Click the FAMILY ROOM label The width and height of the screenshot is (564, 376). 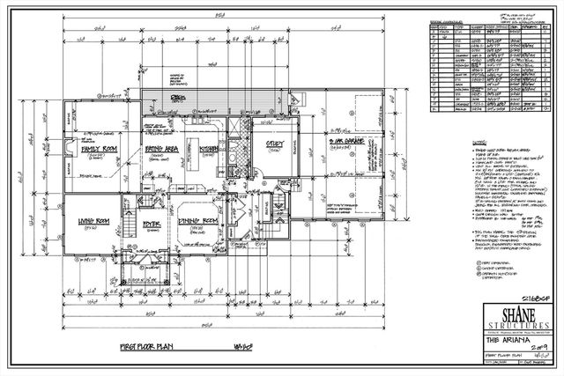101,150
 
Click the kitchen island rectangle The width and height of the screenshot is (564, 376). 205,139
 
